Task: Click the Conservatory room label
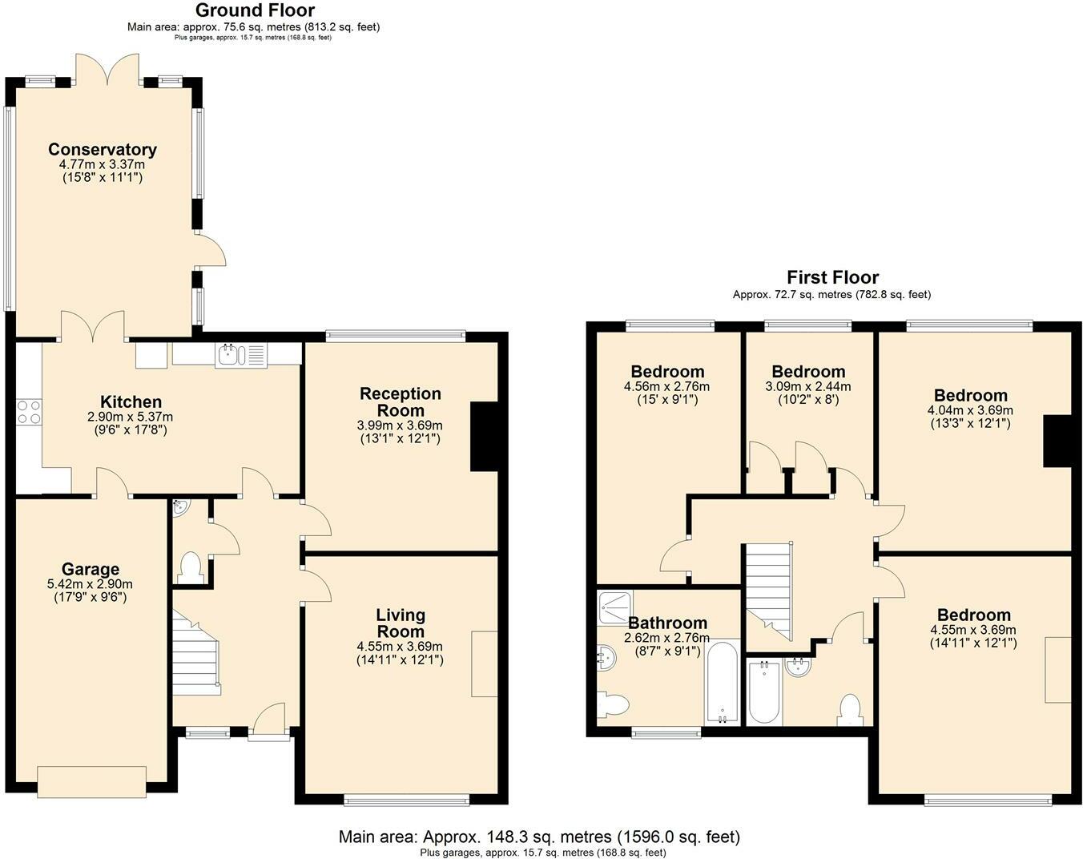[102, 150]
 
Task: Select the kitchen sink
[229, 354]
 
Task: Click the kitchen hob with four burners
[29, 412]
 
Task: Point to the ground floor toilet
[191, 567]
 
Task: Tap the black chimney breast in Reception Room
[484, 436]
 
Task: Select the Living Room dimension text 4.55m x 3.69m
[400, 647]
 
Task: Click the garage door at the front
[91, 781]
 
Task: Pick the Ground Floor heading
[255, 10]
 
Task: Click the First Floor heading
[832, 277]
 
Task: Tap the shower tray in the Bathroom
[615, 607]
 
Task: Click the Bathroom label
[667, 623]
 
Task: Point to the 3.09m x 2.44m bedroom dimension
[808, 386]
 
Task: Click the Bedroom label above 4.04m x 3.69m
[970, 395]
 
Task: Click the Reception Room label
[400, 401]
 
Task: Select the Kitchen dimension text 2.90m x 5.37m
[131, 417]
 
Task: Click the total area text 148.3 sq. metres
[539, 837]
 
